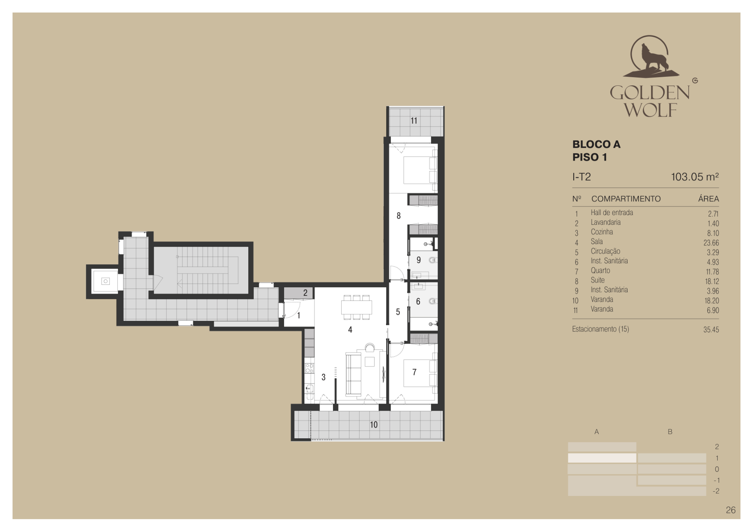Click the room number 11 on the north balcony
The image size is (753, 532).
[x=414, y=121]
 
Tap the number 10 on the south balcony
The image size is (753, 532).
[x=374, y=425]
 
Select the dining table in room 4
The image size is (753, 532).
[x=356, y=307]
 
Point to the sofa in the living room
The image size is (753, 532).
[x=353, y=374]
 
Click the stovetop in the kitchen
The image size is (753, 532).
[x=309, y=368]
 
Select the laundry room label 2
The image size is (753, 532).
[x=305, y=293]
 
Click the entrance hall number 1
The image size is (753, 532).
[x=298, y=315]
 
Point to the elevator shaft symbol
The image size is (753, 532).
[x=105, y=281]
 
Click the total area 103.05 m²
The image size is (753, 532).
[x=695, y=177]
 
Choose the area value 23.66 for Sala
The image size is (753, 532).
[x=711, y=243]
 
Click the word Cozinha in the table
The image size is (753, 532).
[x=602, y=232]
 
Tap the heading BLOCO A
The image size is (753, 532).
[x=597, y=144]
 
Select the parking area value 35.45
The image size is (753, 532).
[x=711, y=330]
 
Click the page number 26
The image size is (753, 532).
[x=731, y=510]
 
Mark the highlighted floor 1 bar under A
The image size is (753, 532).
[x=602, y=458]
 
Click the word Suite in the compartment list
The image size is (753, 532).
[x=598, y=280]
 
